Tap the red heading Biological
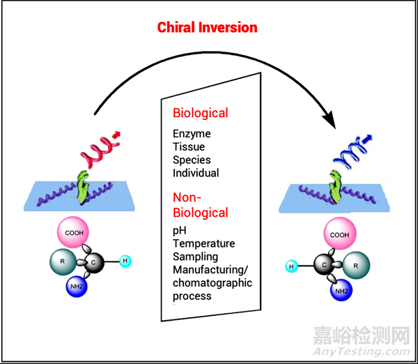click(200, 113)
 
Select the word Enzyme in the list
click(192, 133)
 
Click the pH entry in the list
click(180, 231)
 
